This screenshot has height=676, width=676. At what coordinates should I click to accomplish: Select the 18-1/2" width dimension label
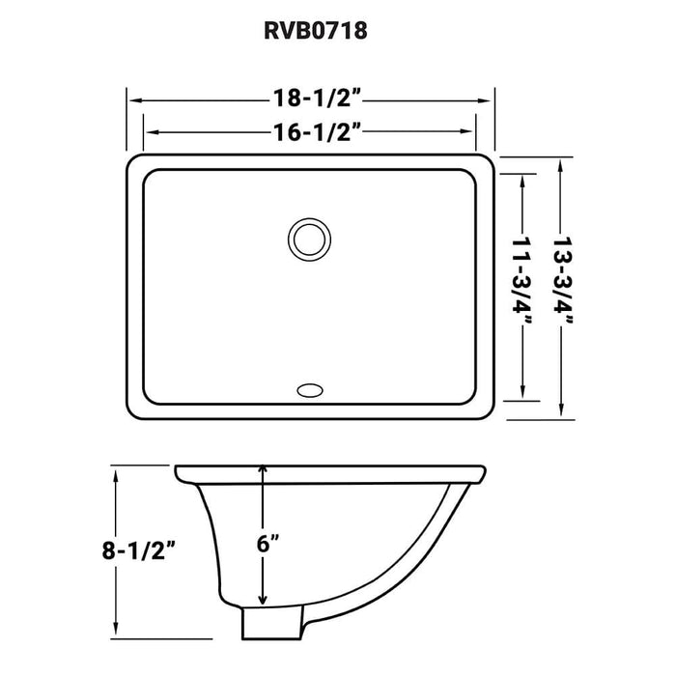310,99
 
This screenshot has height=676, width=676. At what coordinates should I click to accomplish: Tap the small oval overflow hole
310,391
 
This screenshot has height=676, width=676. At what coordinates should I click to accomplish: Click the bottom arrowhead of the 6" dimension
262,601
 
